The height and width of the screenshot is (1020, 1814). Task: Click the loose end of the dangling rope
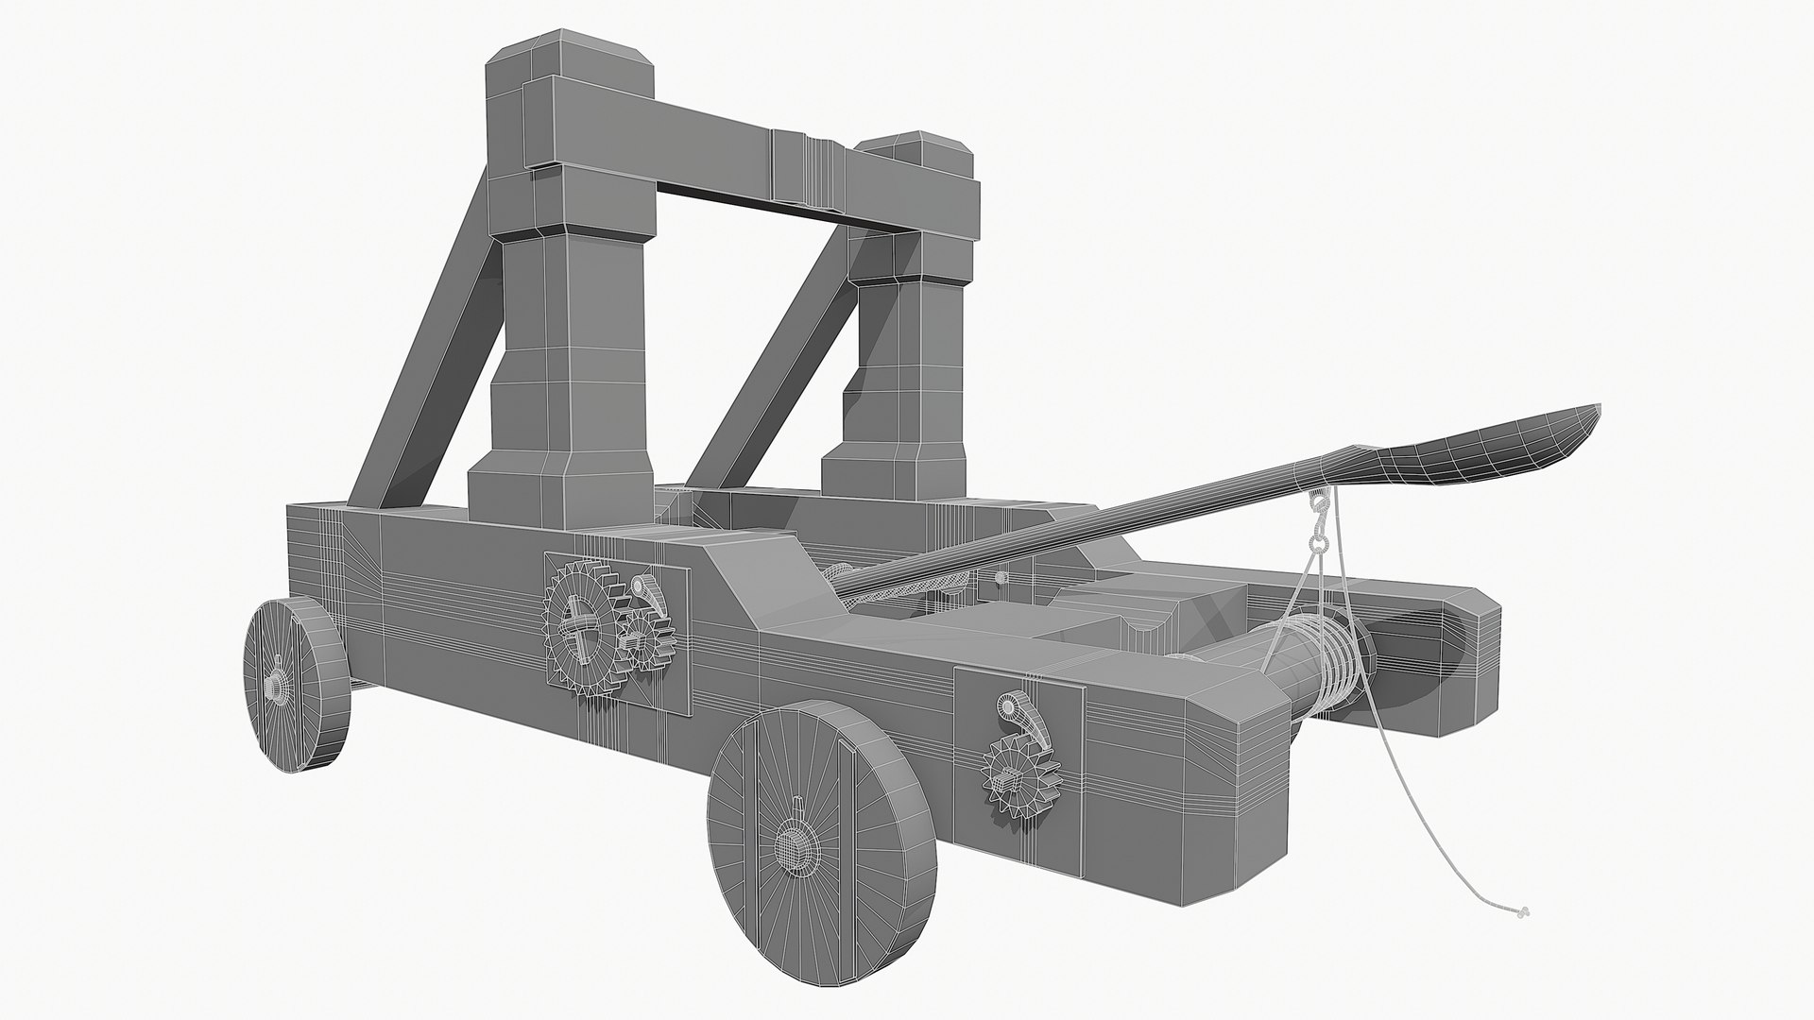tap(1521, 912)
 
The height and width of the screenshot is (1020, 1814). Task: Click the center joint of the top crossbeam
tap(808, 170)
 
